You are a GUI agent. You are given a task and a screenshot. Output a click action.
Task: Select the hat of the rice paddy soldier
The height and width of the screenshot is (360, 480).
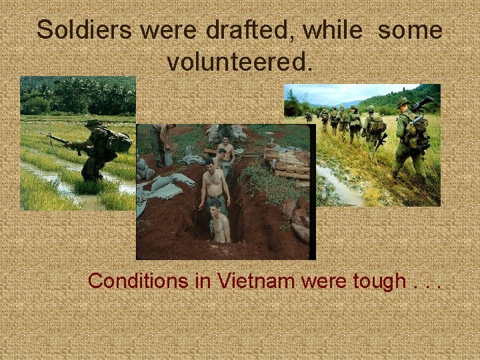(x=93, y=123)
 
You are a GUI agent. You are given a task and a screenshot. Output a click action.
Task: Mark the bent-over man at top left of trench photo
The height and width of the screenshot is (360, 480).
(x=161, y=140)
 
